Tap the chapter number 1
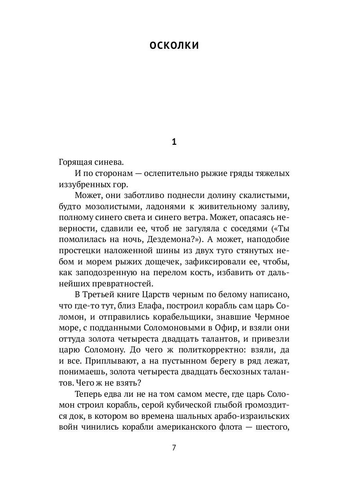click(174, 142)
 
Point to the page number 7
click(174, 447)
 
